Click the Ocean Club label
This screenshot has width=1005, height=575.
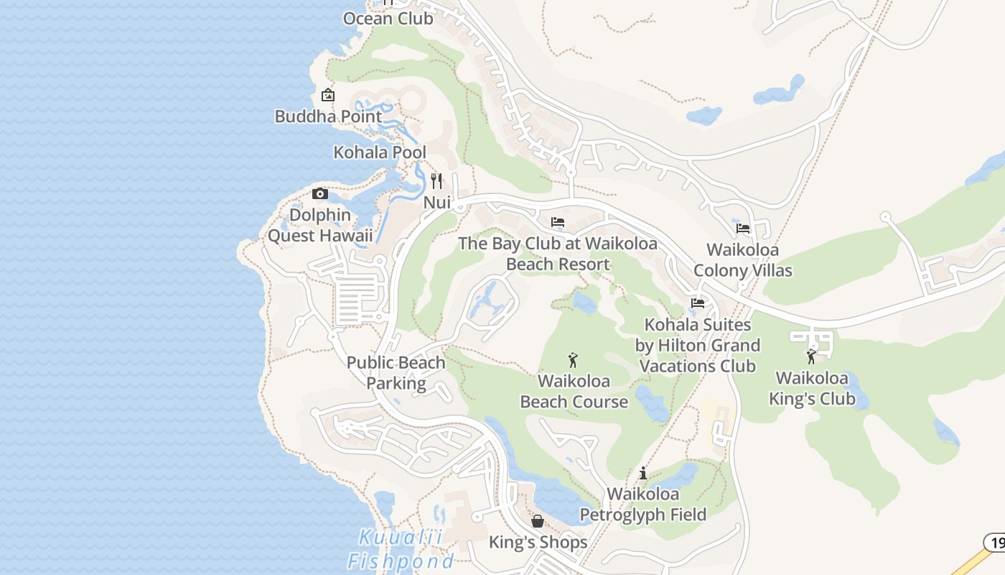(388, 18)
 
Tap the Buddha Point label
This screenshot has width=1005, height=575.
(328, 116)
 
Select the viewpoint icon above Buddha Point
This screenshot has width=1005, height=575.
(328, 95)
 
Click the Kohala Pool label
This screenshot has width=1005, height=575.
(380, 152)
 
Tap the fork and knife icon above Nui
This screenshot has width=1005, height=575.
(436, 180)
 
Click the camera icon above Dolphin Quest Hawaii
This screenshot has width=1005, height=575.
(320, 193)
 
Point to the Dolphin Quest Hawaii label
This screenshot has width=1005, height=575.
(320, 225)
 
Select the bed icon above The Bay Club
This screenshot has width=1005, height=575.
(558, 222)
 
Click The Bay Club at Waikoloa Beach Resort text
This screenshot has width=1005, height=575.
(558, 254)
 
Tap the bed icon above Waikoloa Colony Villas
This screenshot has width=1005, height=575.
(743, 229)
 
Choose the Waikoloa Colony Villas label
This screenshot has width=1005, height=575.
(743, 260)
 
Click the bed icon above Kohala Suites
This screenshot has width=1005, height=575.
(698, 303)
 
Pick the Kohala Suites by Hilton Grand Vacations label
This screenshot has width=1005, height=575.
(697, 346)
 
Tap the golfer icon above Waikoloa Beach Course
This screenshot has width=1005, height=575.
(573, 360)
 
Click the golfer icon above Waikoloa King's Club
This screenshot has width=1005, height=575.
(811, 356)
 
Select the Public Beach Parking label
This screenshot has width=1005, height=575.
(396, 373)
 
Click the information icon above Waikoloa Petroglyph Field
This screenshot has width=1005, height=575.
(643, 473)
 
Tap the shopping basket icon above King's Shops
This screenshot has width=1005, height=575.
(538, 521)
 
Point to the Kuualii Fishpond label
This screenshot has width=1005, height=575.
(401, 549)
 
